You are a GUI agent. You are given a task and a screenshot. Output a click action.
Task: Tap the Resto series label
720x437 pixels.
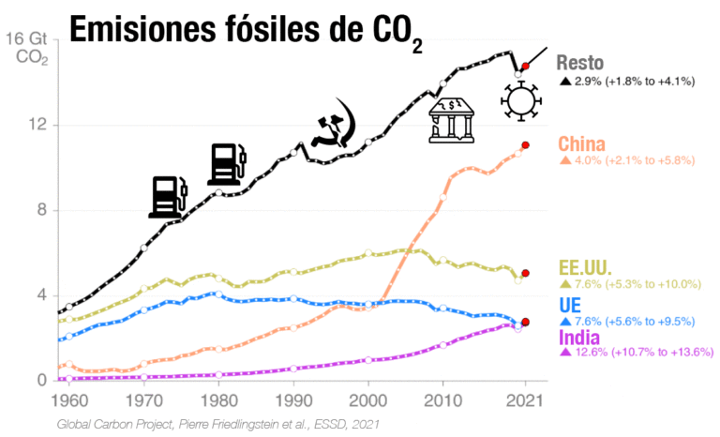[x=584, y=63]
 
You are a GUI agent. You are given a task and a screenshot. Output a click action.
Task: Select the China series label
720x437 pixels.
[x=583, y=143]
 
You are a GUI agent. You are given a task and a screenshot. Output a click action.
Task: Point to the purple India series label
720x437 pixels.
[x=581, y=337]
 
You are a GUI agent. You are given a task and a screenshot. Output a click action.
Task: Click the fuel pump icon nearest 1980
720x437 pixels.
[x=226, y=164]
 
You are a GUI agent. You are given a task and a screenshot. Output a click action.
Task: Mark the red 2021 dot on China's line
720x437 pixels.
[x=526, y=145]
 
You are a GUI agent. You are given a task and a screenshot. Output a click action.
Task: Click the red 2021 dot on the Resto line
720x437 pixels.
[x=526, y=67]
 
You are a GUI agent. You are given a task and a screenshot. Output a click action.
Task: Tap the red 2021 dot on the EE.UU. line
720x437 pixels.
[x=526, y=273]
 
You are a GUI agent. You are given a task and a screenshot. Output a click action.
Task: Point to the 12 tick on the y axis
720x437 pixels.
[x=41, y=125]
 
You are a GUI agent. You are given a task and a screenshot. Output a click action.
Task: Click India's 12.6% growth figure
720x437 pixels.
[x=592, y=353]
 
